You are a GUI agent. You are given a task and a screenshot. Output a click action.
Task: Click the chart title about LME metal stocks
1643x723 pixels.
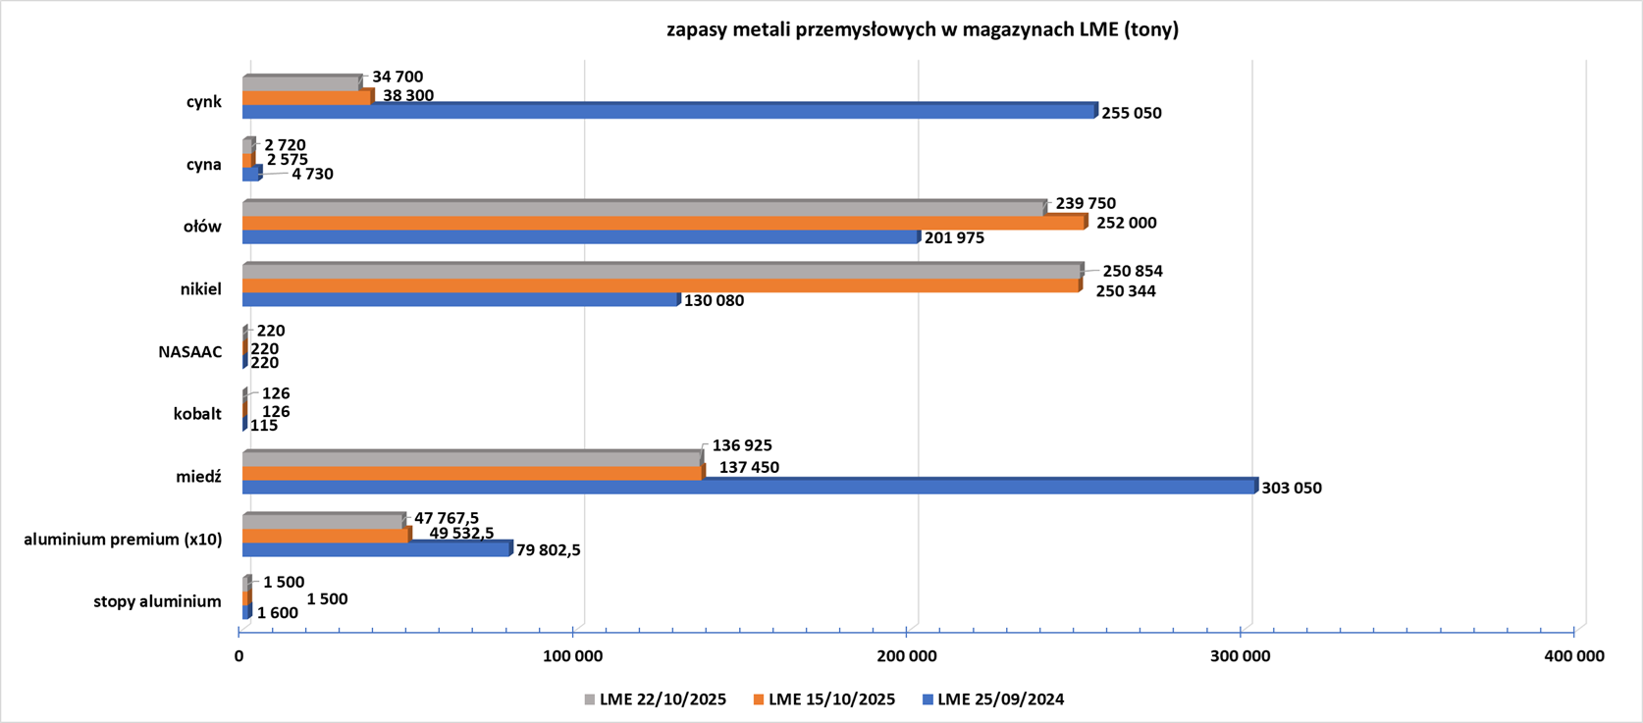point(922,29)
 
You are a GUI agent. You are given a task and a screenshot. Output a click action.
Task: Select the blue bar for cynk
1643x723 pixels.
point(667,112)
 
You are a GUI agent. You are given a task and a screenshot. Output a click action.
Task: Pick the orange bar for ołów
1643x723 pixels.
point(663,224)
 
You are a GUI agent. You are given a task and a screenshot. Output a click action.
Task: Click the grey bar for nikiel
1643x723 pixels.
point(662,271)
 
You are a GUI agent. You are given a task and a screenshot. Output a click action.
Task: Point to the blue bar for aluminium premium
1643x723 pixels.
point(377,549)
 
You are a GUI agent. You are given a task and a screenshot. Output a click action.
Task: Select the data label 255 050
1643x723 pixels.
point(1131,113)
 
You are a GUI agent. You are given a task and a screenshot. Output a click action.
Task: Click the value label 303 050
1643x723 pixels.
point(1292,488)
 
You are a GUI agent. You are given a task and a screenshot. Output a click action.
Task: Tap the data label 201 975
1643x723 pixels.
point(954,237)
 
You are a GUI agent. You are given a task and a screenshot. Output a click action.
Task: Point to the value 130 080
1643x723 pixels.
point(714,300)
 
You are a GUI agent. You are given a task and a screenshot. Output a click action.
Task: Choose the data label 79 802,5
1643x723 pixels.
point(548,550)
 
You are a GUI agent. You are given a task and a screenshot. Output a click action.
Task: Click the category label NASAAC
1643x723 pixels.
point(190,351)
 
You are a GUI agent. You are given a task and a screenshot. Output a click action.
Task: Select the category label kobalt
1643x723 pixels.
point(197,414)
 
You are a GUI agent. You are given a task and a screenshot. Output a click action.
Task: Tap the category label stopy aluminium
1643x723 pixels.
point(157,601)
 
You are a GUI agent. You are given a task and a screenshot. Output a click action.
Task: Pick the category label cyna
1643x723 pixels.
point(203,164)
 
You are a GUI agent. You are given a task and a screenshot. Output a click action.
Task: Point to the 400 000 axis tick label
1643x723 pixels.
point(1573,656)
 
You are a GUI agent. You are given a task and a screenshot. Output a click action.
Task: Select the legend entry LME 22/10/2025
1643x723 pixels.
point(655,699)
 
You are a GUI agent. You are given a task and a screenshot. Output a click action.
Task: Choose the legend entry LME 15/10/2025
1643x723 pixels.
point(823,699)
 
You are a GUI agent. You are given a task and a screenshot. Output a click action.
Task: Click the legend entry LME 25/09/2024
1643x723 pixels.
point(992,699)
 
